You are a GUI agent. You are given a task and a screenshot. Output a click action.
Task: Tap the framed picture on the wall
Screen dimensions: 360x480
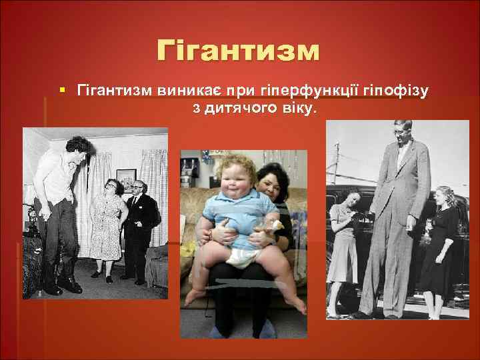125,179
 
